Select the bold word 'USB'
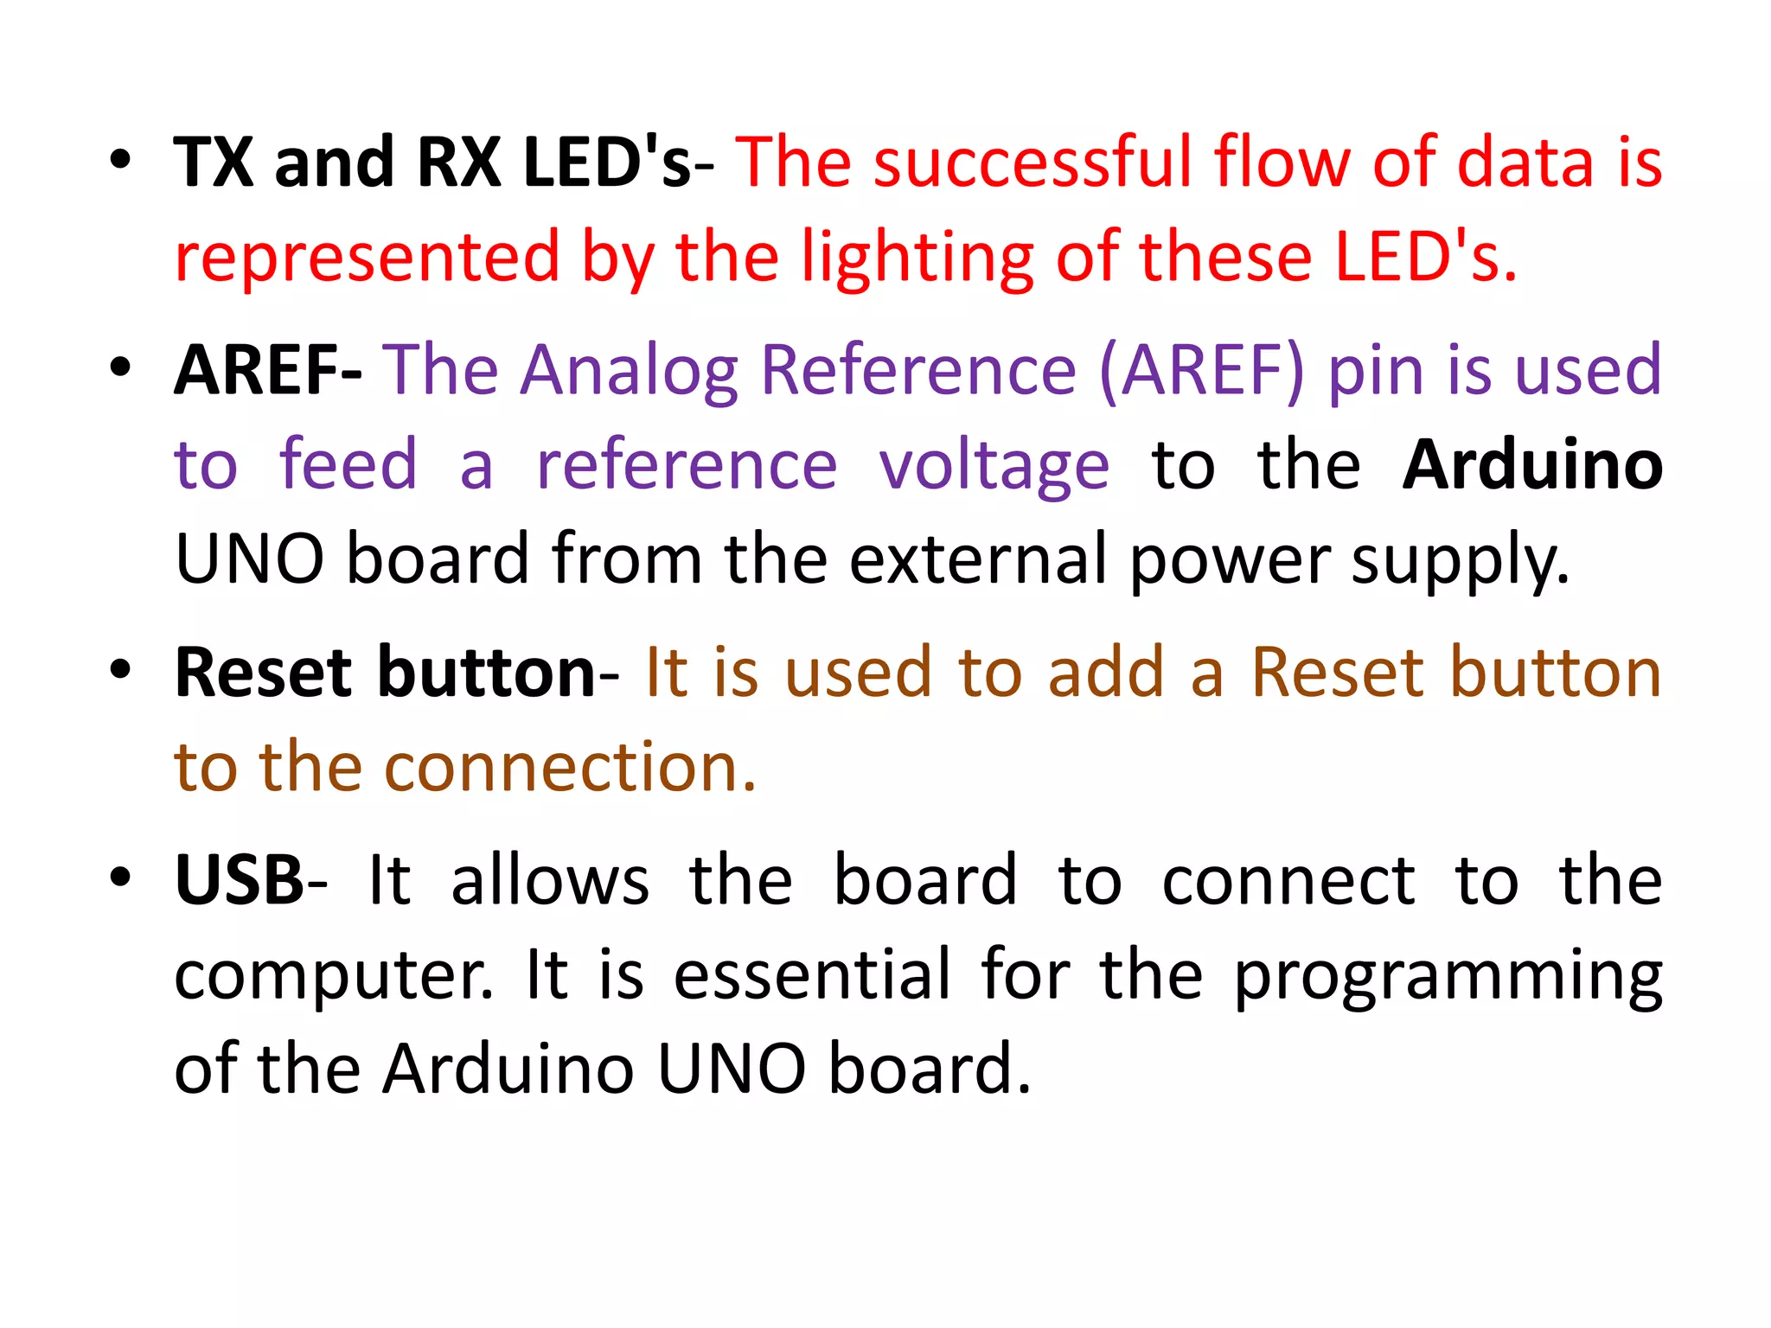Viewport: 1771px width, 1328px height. click(x=239, y=880)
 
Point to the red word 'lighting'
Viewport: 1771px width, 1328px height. click(x=917, y=258)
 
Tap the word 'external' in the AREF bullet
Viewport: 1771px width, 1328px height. click(x=978, y=559)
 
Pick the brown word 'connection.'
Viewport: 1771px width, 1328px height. click(x=570, y=767)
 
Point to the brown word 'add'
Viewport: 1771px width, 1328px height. click(x=1106, y=673)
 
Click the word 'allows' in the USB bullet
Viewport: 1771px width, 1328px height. click(x=550, y=880)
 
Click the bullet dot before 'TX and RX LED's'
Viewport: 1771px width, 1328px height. click(x=120, y=160)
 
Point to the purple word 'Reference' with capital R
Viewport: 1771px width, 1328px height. click(x=918, y=370)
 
